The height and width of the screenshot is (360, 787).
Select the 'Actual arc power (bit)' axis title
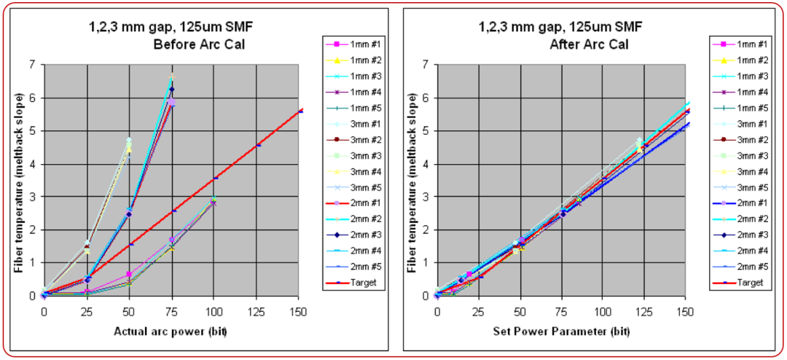tap(173, 332)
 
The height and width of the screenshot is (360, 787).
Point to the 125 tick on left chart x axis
tap(258, 309)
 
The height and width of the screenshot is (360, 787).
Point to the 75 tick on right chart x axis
tap(562, 309)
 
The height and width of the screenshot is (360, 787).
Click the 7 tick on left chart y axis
tap(32, 65)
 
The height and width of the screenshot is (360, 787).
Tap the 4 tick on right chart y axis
tap(425, 164)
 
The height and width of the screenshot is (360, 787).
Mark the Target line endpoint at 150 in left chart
tap(299, 111)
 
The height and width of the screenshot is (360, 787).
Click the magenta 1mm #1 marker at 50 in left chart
tap(129, 274)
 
